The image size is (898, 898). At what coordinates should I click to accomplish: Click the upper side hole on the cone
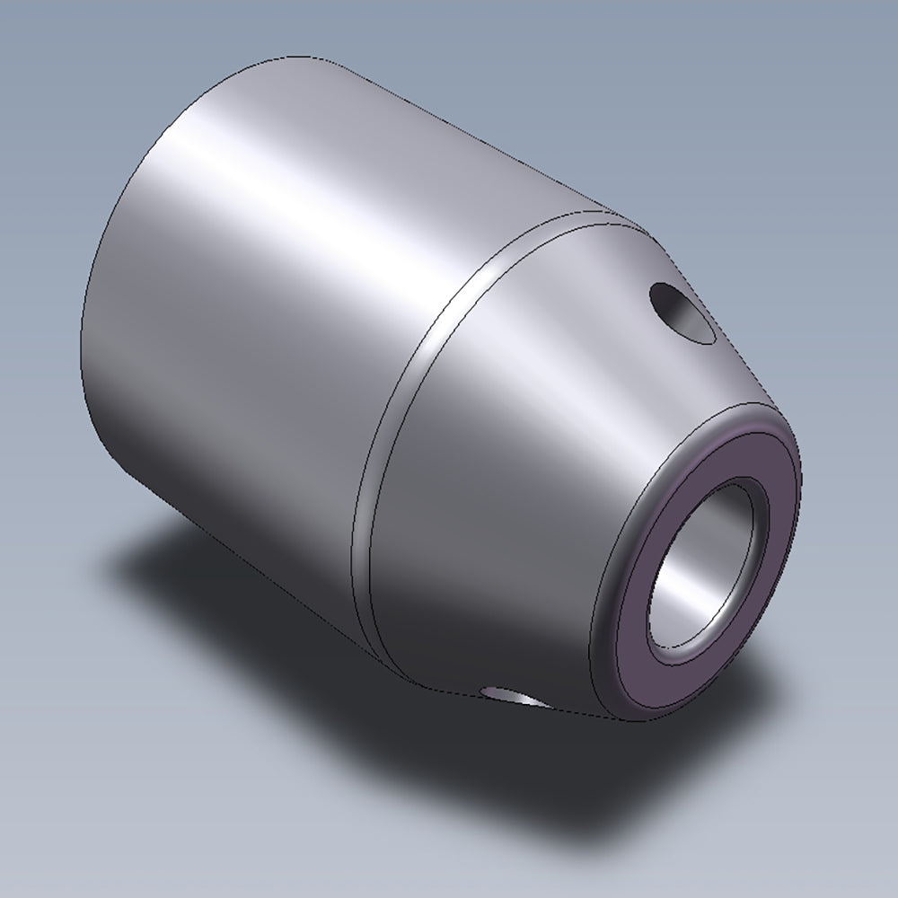point(682,313)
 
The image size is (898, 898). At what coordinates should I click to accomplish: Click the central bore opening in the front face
point(709,566)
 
